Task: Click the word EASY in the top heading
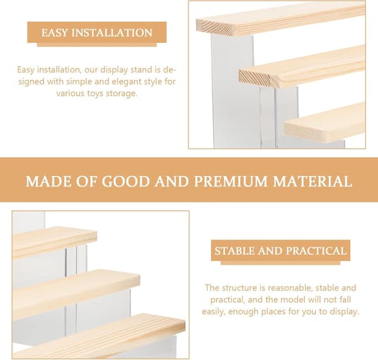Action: click(54, 33)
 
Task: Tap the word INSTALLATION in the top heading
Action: click(112, 33)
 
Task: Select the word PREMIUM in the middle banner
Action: click(231, 181)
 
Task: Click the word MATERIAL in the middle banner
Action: click(312, 181)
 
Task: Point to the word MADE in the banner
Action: click(49, 181)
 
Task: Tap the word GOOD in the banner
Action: click(125, 181)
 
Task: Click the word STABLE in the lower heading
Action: click(234, 251)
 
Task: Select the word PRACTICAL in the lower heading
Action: click(316, 251)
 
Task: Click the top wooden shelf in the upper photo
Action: click(280, 19)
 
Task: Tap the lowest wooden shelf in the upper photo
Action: click(325, 122)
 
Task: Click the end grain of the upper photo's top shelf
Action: click(215, 27)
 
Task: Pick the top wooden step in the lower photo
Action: click(55, 241)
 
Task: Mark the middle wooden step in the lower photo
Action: click(76, 293)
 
